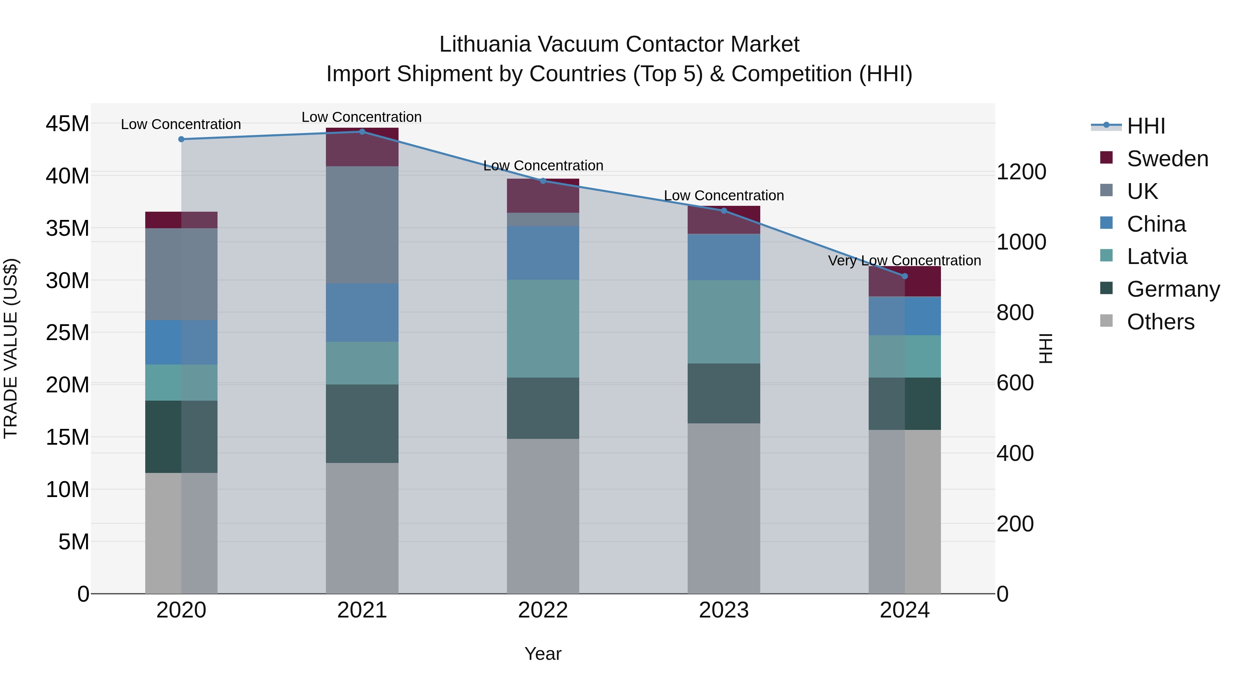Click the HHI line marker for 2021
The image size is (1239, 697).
[x=362, y=131]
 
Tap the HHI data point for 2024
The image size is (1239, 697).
[x=904, y=276]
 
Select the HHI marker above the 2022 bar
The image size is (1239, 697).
[x=543, y=181]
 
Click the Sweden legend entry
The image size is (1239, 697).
[x=1167, y=159]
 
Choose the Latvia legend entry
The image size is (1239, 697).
[x=1157, y=256]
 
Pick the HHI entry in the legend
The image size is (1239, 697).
[x=1146, y=126]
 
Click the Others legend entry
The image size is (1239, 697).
[x=1160, y=322]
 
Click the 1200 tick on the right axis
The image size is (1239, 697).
[x=1021, y=172]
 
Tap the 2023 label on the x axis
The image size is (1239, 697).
[x=723, y=610]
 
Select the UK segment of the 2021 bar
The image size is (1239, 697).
[x=362, y=225]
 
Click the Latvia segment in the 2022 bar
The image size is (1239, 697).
[x=543, y=329]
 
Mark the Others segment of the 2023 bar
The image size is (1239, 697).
[x=723, y=508]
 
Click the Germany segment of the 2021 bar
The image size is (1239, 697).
[x=362, y=423]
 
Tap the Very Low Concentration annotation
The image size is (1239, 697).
[x=904, y=261]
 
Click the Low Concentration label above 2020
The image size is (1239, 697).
[x=181, y=124]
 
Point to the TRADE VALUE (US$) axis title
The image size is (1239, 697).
[x=11, y=348]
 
